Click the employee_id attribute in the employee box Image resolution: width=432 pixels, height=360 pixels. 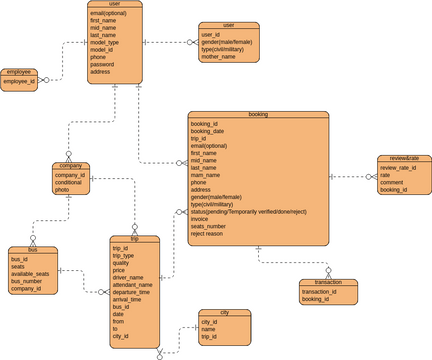click(x=19, y=81)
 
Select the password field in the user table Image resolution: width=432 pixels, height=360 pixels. click(x=103, y=64)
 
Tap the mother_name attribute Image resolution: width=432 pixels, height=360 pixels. click(x=218, y=57)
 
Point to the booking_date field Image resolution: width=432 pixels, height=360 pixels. click(x=207, y=131)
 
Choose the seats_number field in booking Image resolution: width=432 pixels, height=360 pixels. click(x=208, y=226)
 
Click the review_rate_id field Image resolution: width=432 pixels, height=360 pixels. click(x=399, y=168)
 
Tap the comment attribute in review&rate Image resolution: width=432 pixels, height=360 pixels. click(x=393, y=183)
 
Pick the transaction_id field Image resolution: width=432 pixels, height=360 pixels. click(x=319, y=291)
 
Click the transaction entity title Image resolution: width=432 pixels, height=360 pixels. click(x=328, y=282)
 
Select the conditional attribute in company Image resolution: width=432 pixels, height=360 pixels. click(x=69, y=182)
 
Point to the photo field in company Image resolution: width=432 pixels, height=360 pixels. click(x=62, y=190)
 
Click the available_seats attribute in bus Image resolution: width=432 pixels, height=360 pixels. click(x=31, y=274)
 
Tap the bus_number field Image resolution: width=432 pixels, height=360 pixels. click(x=27, y=281)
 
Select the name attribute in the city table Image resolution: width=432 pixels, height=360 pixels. click(x=208, y=329)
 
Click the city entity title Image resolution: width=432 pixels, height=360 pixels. click(x=224, y=313)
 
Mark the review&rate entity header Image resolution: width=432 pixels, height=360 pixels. click(x=403, y=158)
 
